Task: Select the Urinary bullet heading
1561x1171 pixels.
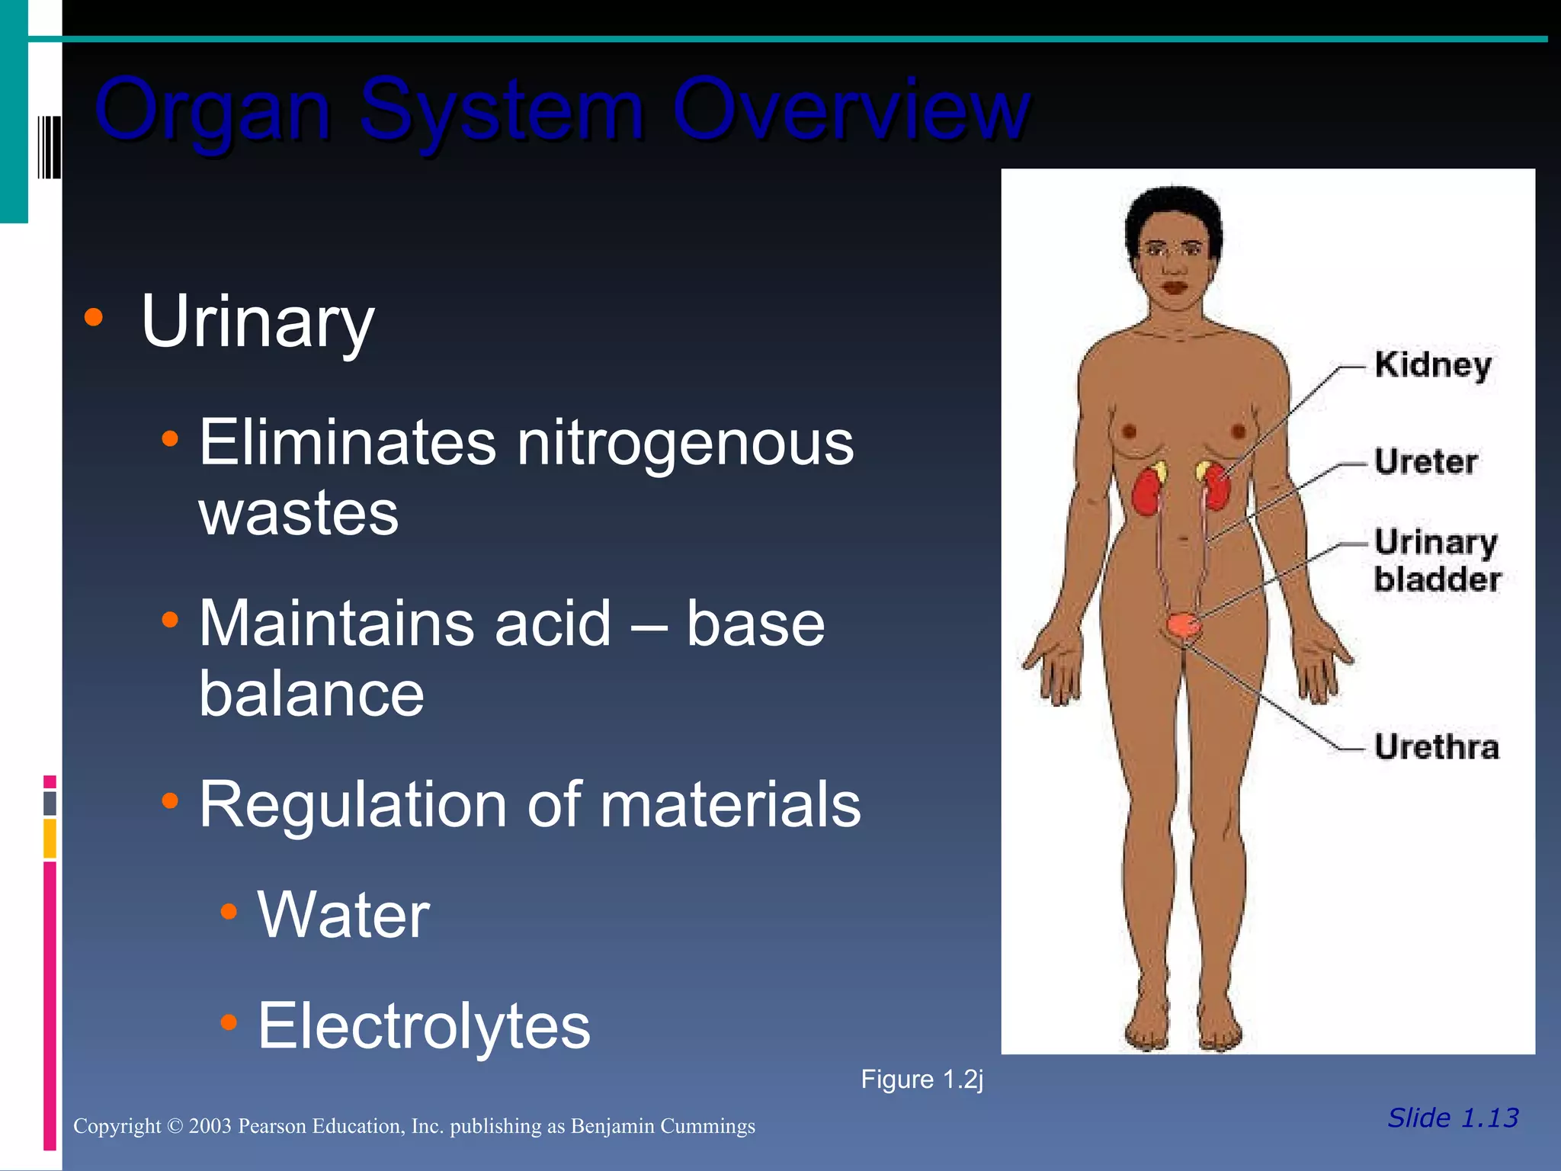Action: [258, 322]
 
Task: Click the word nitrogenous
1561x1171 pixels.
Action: [685, 444]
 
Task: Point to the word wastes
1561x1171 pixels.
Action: [299, 513]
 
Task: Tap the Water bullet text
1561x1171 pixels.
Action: [344, 915]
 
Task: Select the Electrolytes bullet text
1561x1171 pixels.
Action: [424, 1026]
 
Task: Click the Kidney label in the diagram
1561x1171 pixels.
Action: [1433, 366]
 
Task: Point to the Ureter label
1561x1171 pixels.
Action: [1426, 462]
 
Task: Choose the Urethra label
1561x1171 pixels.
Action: [1437, 747]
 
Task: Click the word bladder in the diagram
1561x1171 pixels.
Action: [1438, 579]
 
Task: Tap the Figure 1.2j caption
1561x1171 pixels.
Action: [922, 1080]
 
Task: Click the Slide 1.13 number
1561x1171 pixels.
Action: [1453, 1118]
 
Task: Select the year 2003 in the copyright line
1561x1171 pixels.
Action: [210, 1126]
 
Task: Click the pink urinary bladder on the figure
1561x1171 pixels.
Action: [1184, 625]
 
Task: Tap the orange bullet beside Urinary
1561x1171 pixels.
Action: [94, 318]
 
